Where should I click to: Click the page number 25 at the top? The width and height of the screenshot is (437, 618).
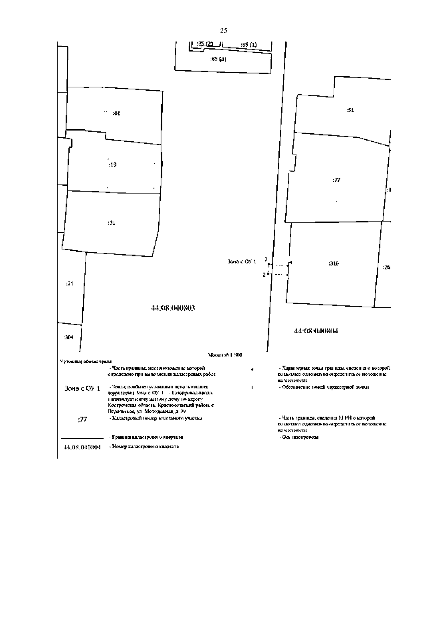(224, 31)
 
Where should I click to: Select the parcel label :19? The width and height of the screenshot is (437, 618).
(113, 165)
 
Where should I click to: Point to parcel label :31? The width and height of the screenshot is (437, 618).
(111, 223)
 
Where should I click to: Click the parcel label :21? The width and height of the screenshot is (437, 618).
(70, 283)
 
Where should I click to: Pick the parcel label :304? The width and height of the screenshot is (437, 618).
(68, 337)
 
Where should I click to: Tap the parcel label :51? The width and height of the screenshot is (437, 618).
(350, 110)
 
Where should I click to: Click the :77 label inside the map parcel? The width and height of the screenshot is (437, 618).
(336, 180)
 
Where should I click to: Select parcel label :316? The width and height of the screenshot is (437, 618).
(333, 264)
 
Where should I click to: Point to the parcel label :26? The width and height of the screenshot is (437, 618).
(387, 267)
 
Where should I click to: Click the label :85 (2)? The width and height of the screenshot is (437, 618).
(205, 44)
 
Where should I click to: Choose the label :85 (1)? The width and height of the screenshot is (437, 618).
(249, 45)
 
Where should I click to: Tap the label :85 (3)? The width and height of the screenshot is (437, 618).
(219, 59)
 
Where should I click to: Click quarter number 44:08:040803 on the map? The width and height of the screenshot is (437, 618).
(173, 308)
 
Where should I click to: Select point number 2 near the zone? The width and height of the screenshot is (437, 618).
(264, 275)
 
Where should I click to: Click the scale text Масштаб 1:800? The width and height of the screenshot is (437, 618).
(225, 355)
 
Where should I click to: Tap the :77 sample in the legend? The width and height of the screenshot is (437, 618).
(83, 419)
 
